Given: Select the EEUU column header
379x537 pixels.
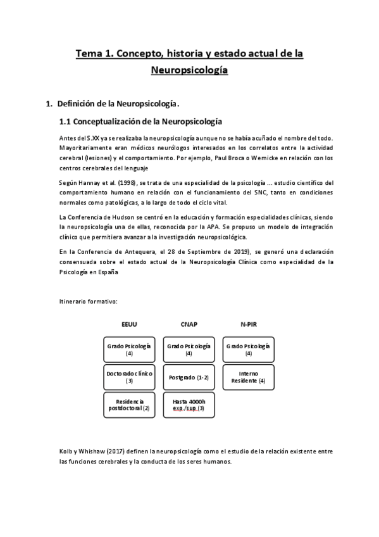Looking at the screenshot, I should click(x=129, y=324).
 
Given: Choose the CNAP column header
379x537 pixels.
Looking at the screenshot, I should click(x=189, y=324).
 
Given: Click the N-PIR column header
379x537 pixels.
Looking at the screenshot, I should click(x=248, y=324).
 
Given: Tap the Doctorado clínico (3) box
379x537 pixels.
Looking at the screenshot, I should click(x=129, y=377).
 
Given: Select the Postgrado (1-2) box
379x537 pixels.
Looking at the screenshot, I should click(x=189, y=377).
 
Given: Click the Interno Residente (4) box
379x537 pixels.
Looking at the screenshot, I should click(x=248, y=377).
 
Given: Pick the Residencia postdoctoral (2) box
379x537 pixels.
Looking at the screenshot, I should click(x=129, y=405).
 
